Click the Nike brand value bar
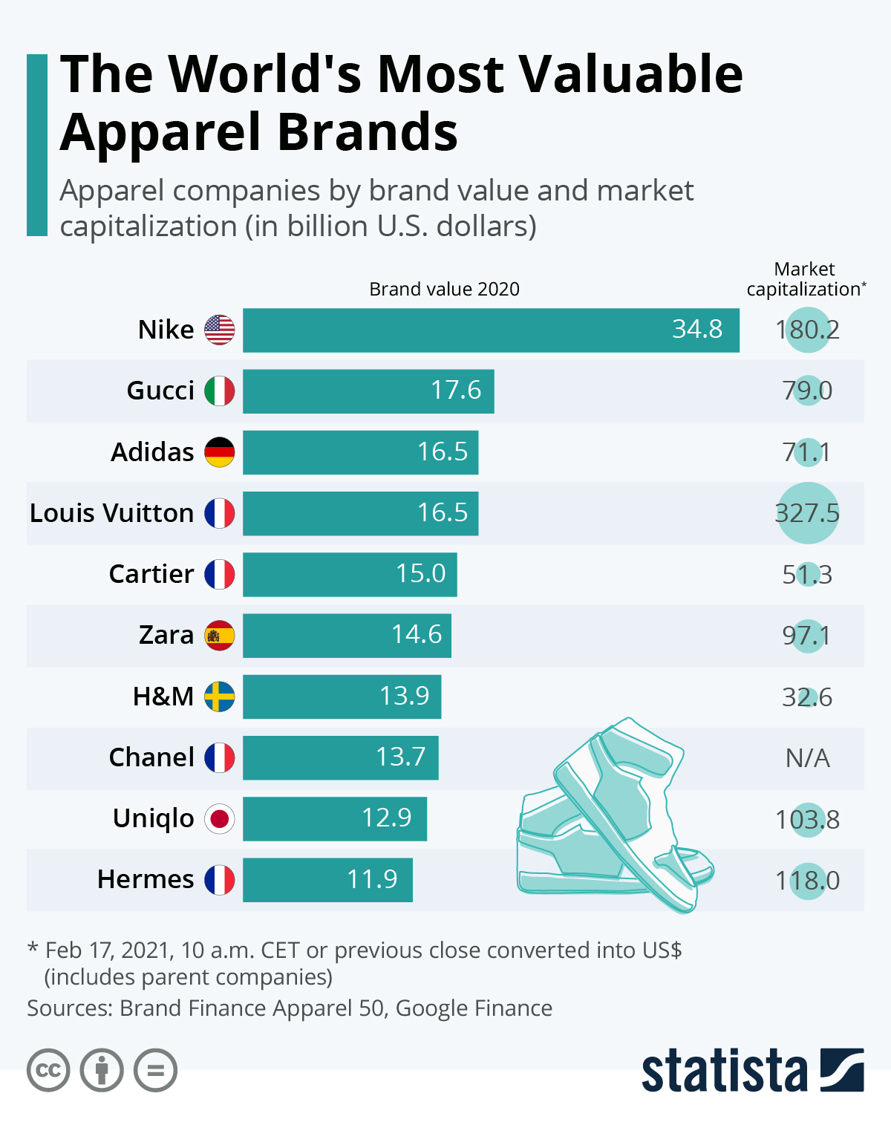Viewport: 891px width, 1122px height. (490, 330)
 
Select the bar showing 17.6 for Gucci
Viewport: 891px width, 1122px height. (368, 391)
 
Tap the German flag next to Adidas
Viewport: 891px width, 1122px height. (220, 451)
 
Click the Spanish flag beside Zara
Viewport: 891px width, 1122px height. (220, 635)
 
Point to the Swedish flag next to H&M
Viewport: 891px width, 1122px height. (220, 697)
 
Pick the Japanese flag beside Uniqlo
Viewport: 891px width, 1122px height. (220, 818)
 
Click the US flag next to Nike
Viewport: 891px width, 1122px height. (220, 330)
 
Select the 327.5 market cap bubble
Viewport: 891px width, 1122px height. (808, 513)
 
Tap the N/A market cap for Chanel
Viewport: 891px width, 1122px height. (808, 758)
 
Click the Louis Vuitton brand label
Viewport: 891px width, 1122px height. (111, 513)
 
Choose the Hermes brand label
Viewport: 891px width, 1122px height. (146, 879)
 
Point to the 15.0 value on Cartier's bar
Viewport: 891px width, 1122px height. (421, 574)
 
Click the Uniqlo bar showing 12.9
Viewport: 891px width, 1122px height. (335, 818)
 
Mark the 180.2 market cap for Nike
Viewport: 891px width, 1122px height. (808, 330)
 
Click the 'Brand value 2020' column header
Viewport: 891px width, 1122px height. (444, 289)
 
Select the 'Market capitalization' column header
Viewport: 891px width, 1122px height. (806, 279)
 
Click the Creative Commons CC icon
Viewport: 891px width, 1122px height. (48, 1071)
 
